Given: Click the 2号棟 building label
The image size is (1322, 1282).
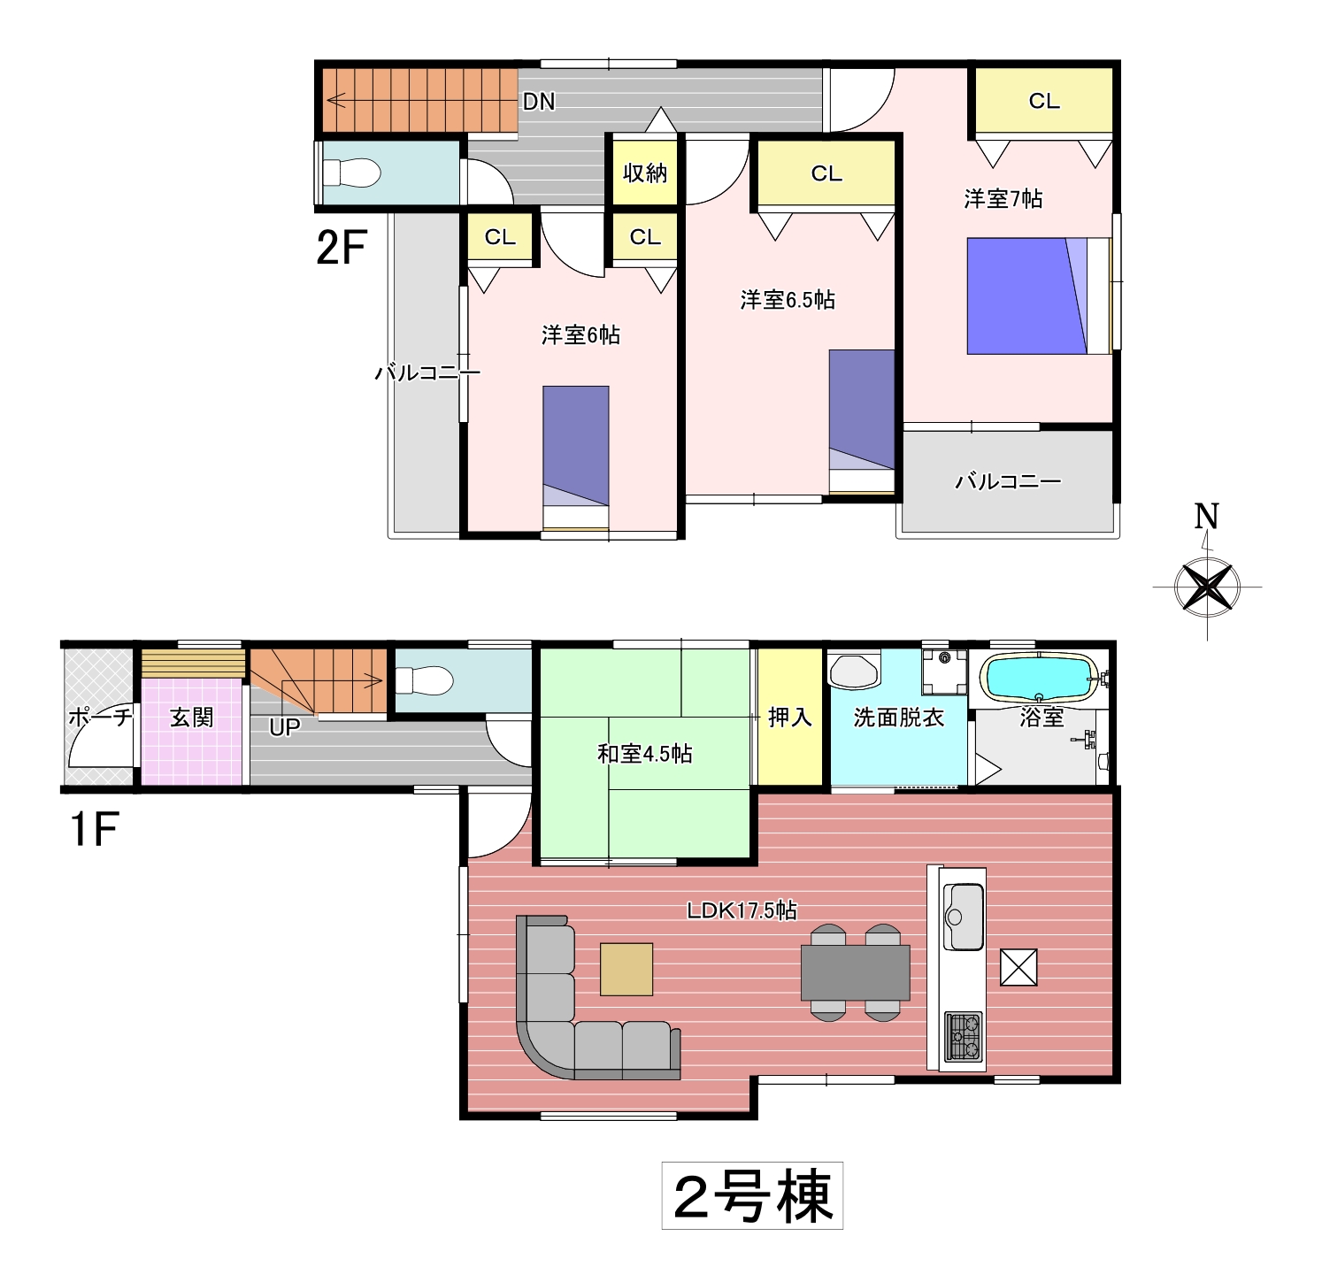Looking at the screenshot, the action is [x=752, y=1196].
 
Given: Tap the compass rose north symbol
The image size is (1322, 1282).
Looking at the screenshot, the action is [x=1207, y=586].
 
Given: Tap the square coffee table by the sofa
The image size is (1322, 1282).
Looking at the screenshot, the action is [x=626, y=970].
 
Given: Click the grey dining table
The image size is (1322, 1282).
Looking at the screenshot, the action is [x=856, y=972].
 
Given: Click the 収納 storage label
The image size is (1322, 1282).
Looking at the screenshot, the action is [x=644, y=173].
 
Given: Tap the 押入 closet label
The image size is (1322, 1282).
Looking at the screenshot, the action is [x=789, y=717].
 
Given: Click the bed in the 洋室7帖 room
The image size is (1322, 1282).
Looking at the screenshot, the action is [x=1039, y=296].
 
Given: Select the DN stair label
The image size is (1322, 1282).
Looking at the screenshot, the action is [x=539, y=102].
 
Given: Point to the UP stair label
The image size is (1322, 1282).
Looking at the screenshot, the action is [x=284, y=727].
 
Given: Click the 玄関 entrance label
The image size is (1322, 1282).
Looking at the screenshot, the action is [x=192, y=717].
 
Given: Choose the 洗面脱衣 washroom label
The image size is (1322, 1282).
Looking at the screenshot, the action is [x=898, y=717].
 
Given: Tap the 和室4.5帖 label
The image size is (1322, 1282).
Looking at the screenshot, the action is [x=644, y=754].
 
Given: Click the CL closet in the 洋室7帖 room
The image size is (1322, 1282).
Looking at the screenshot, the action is [x=1044, y=101].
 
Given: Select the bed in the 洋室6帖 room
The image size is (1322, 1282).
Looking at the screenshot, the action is [x=575, y=460].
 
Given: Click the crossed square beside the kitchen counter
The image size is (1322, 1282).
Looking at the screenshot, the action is [x=1018, y=967].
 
